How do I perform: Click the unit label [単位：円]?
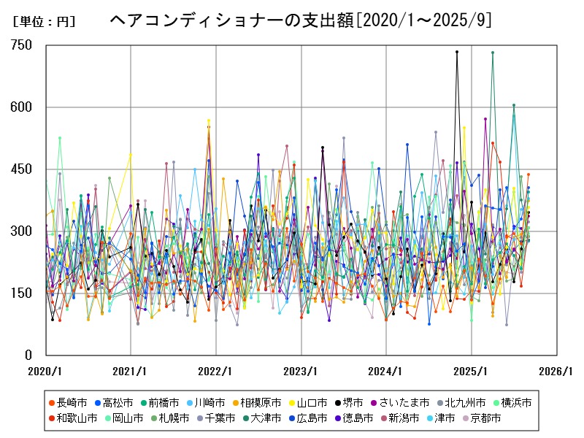click(x=44, y=21)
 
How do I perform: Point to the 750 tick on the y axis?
click(x=21, y=45)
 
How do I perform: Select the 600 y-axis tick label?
click(x=21, y=107)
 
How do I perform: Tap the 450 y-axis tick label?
click(x=21, y=169)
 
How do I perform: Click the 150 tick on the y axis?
click(x=21, y=293)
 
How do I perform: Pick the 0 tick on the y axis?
click(x=28, y=356)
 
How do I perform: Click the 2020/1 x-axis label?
click(x=45, y=371)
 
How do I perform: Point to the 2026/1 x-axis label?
click(x=557, y=371)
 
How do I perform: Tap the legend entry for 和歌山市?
click(x=77, y=418)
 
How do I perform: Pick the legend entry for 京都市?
click(x=483, y=418)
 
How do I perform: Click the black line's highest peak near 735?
click(x=457, y=52)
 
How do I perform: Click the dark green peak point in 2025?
click(x=493, y=53)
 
